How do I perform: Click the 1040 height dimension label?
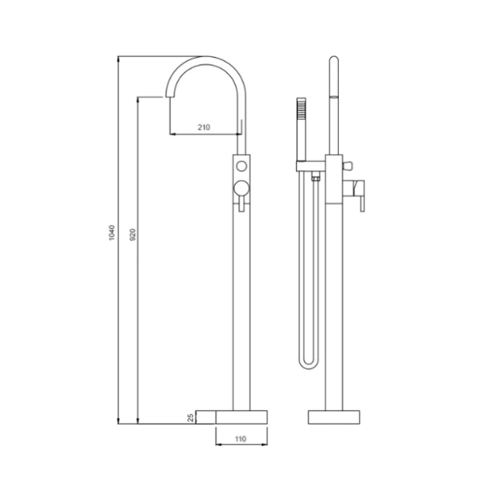[x=112, y=233]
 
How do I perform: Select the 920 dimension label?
[x=132, y=234]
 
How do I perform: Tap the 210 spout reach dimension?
[x=204, y=127]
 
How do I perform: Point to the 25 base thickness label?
[x=191, y=418]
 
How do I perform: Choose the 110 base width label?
[x=240, y=439]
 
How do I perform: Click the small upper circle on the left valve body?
[x=242, y=167]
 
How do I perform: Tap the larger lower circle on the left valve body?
[x=241, y=189]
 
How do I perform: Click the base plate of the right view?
[x=334, y=417]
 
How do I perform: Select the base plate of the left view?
[x=242, y=417]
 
